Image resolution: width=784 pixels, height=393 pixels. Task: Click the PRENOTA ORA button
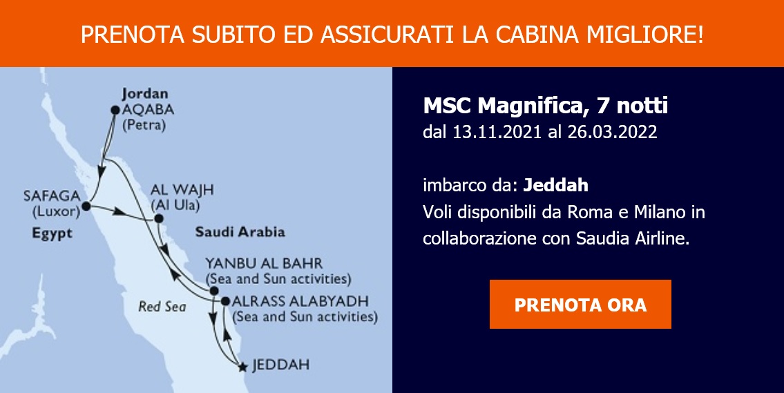click(580, 304)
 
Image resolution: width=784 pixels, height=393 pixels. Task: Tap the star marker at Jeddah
click(243, 367)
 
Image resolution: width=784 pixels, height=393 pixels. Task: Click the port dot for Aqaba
click(115, 110)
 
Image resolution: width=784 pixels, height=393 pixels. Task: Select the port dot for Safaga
click(86, 206)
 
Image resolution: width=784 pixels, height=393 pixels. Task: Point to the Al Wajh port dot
click(158, 218)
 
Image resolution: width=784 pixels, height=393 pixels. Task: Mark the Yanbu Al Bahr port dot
click(214, 291)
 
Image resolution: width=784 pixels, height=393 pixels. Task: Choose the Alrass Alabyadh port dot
click(225, 302)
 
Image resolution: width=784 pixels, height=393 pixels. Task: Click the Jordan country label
click(145, 94)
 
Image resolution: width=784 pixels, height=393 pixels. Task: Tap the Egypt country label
click(52, 233)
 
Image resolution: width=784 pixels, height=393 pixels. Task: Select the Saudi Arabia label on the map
click(240, 232)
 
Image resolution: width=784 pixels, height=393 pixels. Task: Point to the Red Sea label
click(162, 306)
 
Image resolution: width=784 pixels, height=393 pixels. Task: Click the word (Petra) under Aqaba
click(144, 124)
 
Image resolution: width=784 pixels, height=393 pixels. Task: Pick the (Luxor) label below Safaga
click(56, 211)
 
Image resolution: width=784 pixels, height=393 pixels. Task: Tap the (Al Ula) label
click(175, 205)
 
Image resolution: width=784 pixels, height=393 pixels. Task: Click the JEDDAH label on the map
click(280, 365)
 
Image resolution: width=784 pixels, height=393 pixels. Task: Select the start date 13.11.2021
click(497, 132)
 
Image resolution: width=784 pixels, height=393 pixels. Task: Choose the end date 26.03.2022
click(612, 132)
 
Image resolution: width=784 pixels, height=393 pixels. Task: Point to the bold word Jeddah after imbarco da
click(555, 186)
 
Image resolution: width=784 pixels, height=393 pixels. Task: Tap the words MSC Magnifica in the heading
click(503, 106)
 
